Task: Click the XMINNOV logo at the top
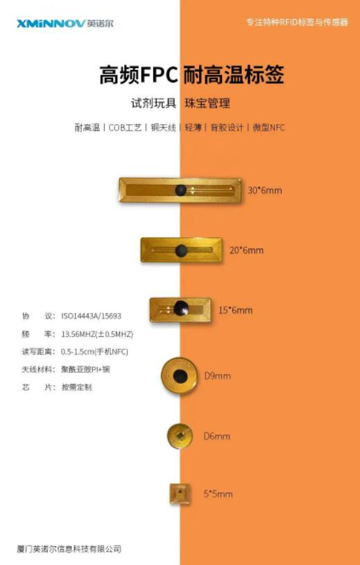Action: pos(65,24)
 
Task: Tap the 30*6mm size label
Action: pos(264,190)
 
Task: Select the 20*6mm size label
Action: pos(247,250)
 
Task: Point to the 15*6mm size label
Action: pos(235,310)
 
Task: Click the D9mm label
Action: pos(217,376)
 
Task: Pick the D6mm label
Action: pos(216,436)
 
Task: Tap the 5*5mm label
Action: pos(218,494)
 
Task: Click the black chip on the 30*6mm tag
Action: pos(181,190)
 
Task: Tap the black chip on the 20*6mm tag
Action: pos(181,251)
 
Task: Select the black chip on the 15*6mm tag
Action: pos(181,308)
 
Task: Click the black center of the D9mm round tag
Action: pos(180,376)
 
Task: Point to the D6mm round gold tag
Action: pos(180,436)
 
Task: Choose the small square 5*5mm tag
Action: pos(180,494)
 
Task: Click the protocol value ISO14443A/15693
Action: pos(91,316)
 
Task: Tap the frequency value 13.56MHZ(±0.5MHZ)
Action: pos(97,334)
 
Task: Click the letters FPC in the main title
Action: pos(158,75)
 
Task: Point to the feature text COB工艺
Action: pos(125,128)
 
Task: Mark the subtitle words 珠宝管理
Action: pos(207,103)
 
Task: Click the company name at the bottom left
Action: pos(69,549)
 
